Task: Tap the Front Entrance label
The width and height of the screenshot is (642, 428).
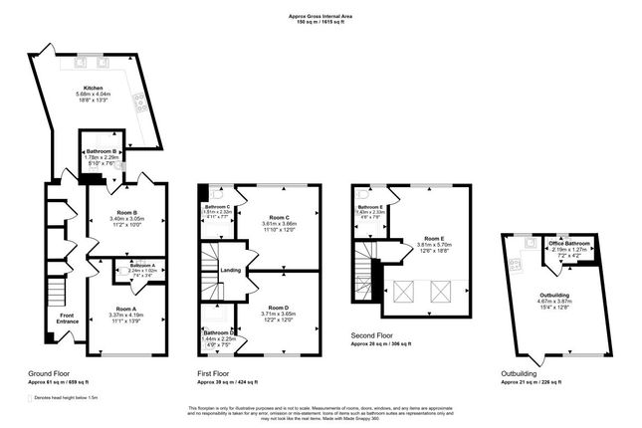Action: click(x=68, y=321)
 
